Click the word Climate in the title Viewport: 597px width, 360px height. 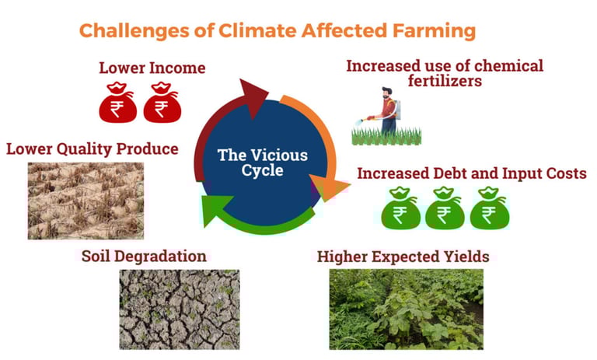[x=257, y=30]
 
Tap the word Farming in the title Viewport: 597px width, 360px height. [x=434, y=31]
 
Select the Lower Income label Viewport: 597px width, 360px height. [x=152, y=68]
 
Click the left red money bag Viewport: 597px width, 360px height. [x=118, y=103]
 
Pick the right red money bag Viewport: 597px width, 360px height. [x=162, y=103]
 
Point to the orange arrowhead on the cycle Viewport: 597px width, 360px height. [x=328, y=187]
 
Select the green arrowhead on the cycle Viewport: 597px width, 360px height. [x=215, y=210]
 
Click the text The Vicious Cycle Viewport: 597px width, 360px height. [x=262, y=163]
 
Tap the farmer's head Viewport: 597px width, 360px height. [x=387, y=93]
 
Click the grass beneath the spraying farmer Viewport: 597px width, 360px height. [x=386, y=136]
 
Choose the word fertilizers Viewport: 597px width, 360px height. [x=445, y=81]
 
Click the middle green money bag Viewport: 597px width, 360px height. [x=445, y=208]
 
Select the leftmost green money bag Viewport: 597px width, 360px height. [x=400, y=208]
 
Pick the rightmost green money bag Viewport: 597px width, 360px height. [x=490, y=208]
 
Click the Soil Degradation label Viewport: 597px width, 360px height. [x=144, y=256]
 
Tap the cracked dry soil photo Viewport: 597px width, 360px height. [x=180, y=309]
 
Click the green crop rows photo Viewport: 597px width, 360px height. [x=407, y=309]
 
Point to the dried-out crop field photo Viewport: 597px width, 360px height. [x=86, y=201]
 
